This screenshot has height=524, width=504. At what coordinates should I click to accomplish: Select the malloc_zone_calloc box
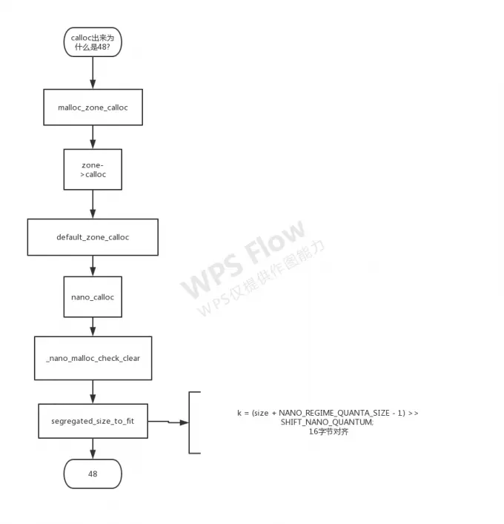[93, 107]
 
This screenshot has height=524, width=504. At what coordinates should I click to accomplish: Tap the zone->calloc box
[93, 170]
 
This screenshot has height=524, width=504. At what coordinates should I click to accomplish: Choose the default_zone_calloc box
[93, 237]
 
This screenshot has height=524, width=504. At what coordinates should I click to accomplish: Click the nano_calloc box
[93, 297]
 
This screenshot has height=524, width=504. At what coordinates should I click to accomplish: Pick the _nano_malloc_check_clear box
[93, 358]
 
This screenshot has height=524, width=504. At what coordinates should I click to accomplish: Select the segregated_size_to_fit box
[93, 421]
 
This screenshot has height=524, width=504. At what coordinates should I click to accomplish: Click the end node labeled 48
[93, 473]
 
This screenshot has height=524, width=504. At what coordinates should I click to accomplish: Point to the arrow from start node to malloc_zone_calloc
[93, 73]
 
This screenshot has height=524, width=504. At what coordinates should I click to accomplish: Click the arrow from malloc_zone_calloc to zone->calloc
[93, 137]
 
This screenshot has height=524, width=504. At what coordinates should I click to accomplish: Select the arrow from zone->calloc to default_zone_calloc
[93, 204]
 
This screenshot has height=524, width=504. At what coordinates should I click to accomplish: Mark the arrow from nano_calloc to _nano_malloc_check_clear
[93, 326]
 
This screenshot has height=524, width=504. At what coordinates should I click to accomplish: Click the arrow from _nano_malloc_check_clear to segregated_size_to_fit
[93, 391]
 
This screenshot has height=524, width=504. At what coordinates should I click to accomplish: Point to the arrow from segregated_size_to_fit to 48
[93, 448]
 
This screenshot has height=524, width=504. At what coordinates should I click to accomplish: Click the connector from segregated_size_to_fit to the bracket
[168, 422]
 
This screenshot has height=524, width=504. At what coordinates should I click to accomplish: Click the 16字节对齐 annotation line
[328, 431]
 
